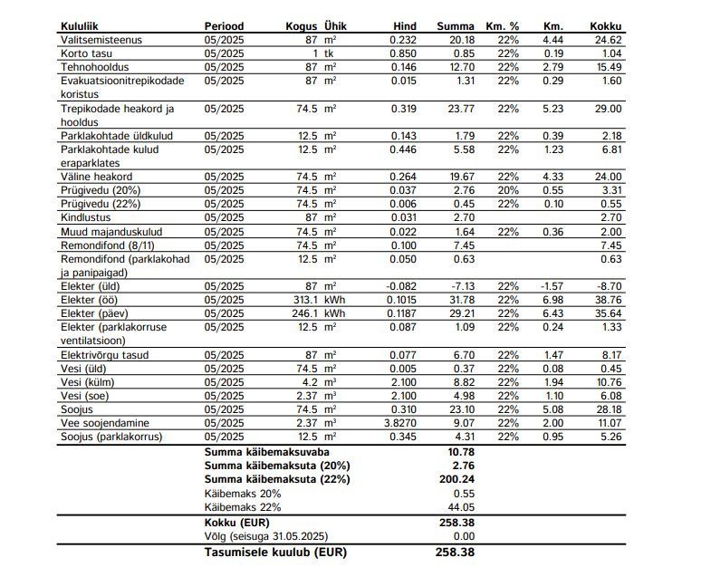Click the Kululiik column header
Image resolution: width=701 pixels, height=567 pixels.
(80, 26)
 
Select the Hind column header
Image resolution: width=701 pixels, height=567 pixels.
(405, 26)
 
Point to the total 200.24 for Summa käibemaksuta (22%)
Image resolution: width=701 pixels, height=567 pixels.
(457, 477)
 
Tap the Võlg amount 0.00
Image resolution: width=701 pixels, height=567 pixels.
(464, 536)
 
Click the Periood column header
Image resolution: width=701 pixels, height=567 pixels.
(225, 26)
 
